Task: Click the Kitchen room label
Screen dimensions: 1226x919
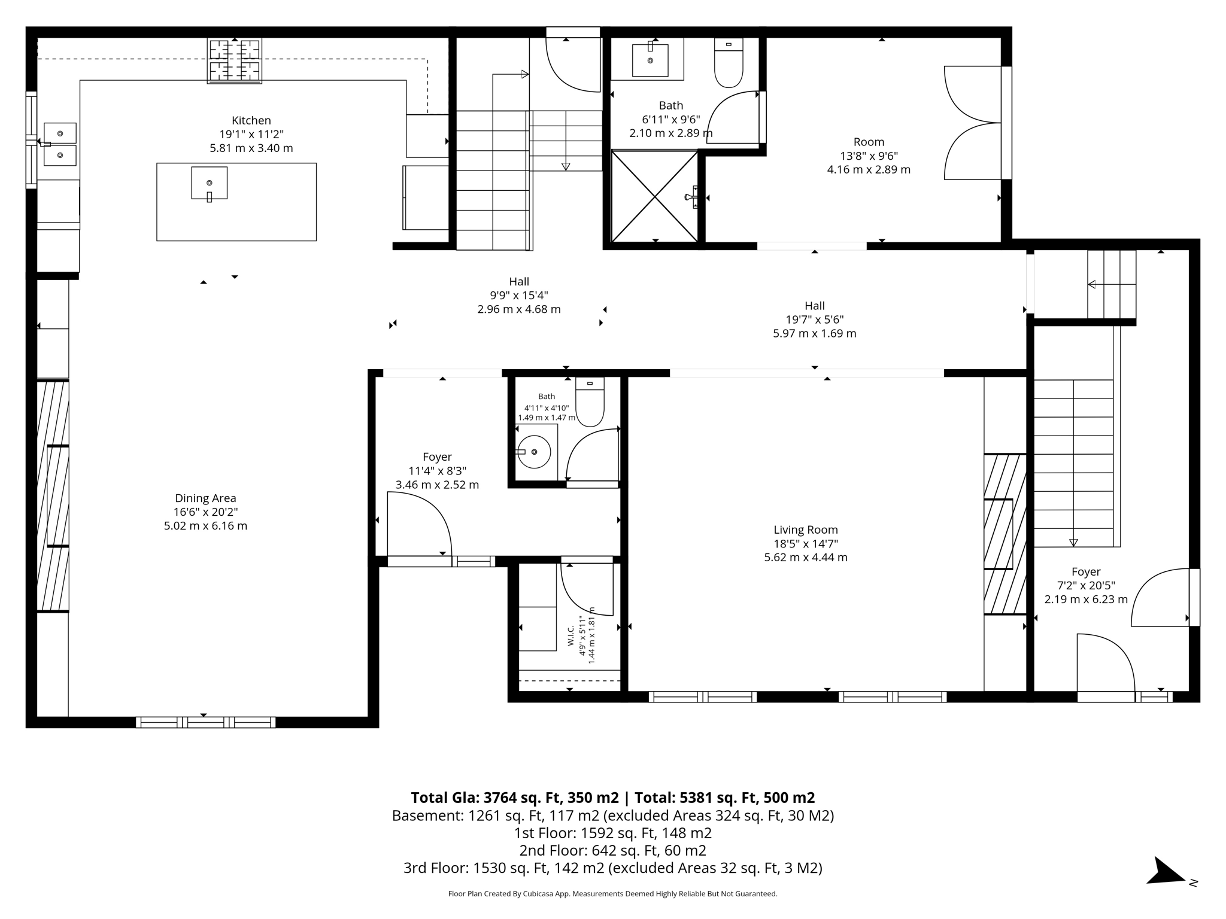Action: [x=251, y=120]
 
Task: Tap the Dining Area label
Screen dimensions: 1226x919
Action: [x=205, y=498]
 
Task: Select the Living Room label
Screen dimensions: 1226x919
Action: [x=806, y=530]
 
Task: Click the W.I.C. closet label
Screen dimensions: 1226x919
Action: [x=570, y=635]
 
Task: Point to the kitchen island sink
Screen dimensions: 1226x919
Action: [x=210, y=183]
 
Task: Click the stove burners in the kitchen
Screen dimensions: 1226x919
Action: [x=235, y=60]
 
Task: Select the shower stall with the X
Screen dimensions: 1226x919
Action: [x=655, y=196]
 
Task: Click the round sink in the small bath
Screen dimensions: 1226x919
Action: [x=533, y=452]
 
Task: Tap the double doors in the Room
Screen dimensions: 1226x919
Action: [x=973, y=123]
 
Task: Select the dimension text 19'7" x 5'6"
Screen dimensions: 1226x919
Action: [x=815, y=319]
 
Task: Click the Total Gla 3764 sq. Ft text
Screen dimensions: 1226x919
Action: [x=515, y=798]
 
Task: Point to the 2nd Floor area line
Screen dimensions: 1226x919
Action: [x=613, y=850]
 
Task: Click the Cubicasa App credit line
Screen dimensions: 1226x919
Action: [x=613, y=894]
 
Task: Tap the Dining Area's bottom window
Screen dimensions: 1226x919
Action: [x=205, y=722]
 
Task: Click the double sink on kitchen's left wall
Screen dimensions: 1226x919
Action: [x=60, y=144]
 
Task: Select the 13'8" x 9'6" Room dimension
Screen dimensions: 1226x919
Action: [x=869, y=156]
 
